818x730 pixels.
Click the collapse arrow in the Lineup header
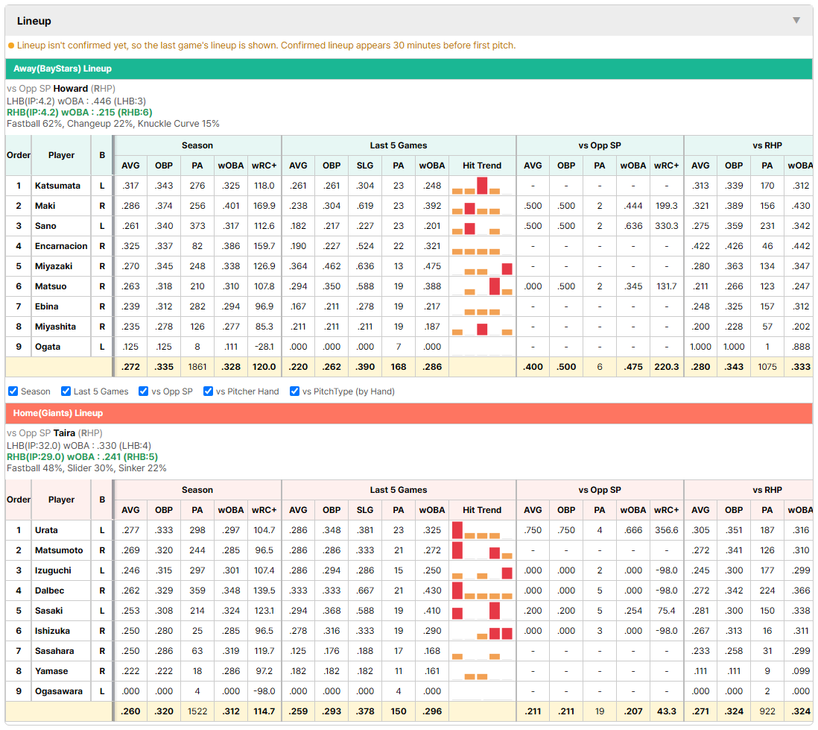[x=796, y=20]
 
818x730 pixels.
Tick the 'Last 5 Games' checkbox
[x=66, y=391]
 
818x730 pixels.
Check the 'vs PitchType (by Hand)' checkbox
[x=294, y=391]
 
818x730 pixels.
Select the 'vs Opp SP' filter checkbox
[x=144, y=391]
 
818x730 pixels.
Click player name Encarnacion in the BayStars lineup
[x=61, y=246]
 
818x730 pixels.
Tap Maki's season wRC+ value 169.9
[x=264, y=206]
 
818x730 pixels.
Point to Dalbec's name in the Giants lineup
[x=50, y=591]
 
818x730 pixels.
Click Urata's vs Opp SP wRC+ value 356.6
[x=666, y=530]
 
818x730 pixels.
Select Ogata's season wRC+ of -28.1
[x=264, y=347]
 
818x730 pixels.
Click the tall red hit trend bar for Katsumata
[x=482, y=186]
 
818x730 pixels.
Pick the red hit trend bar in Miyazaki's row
[x=507, y=269]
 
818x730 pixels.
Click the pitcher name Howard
[x=71, y=89]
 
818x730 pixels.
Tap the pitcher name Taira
[x=64, y=433]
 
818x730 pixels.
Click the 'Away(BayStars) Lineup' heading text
[x=62, y=69]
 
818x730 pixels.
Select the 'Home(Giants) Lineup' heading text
[x=58, y=413]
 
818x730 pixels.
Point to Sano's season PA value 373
[x=197, y=226]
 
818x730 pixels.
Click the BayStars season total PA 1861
[x=197, y=367]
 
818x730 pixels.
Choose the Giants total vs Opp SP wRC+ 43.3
[x=666, y=711]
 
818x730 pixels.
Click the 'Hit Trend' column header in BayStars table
[x=481, y=166]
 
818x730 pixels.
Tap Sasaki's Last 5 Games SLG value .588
[x=364, y=611]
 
